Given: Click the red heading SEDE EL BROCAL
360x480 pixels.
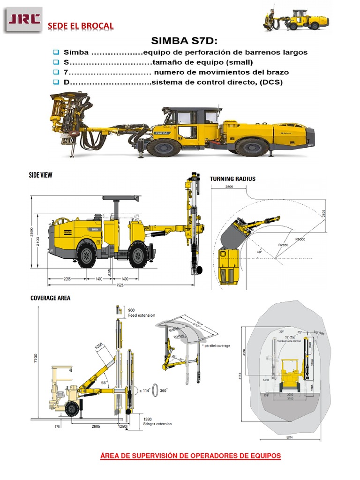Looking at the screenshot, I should (81, 25).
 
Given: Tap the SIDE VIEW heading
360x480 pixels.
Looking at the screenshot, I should (41, 175).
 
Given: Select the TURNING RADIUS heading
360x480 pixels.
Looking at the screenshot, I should (232, 179).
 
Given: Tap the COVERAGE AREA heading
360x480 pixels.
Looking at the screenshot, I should (50, 298).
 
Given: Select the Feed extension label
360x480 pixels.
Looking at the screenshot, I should (142, 315).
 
